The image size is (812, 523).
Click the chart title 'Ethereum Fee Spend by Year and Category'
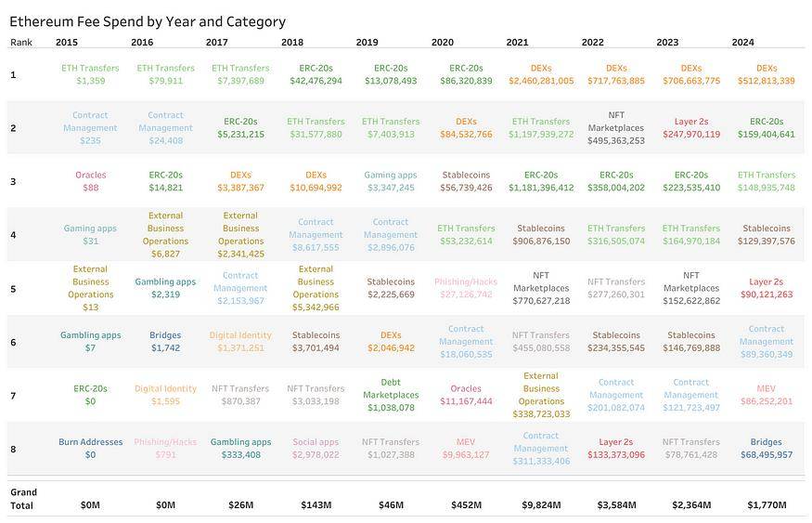pyautogui.click(x=148, y=21)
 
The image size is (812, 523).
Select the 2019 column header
pyautogui.click(x=367, y=42)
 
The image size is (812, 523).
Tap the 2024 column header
pyautogui.click(x=742, y=42)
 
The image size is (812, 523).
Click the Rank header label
pyautogui.click(x=20, y=42)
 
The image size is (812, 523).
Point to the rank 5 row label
pyautogui.click(x=13, y=289)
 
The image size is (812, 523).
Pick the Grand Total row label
pyautogui.click(x=23, y=499)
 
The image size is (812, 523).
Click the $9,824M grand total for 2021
pyautogui.click(x=541, y=505)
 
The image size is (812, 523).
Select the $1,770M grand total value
pyautogui.click(x=767, y=505)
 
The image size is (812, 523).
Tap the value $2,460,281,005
pyautogui.click(x=541, y=81)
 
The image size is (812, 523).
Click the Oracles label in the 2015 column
pyautogui.click(x=90, y=175)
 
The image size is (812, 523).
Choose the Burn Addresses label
pyautogui.click(x=90, y=442)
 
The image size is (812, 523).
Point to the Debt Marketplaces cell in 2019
pyautogui.click(x=391, y=388)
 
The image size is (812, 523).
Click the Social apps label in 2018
pyautogui.click(x=316, y=442)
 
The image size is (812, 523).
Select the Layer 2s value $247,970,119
pyautogui.click(x=691, y=135)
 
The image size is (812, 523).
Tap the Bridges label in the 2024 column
pyautogui.click(x=767, y=442)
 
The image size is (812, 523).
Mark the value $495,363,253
pyautogui.click(x=616, y=141)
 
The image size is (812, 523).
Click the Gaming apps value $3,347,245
pyautogui.click(x=391, y=188)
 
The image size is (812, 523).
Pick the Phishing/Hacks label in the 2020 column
pyautogui.click(x=466, y=281)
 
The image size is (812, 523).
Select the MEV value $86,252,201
pyautogui.click(x=767, y=401)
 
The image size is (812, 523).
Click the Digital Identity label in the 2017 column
pyautogui.click(x=240, y=335)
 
